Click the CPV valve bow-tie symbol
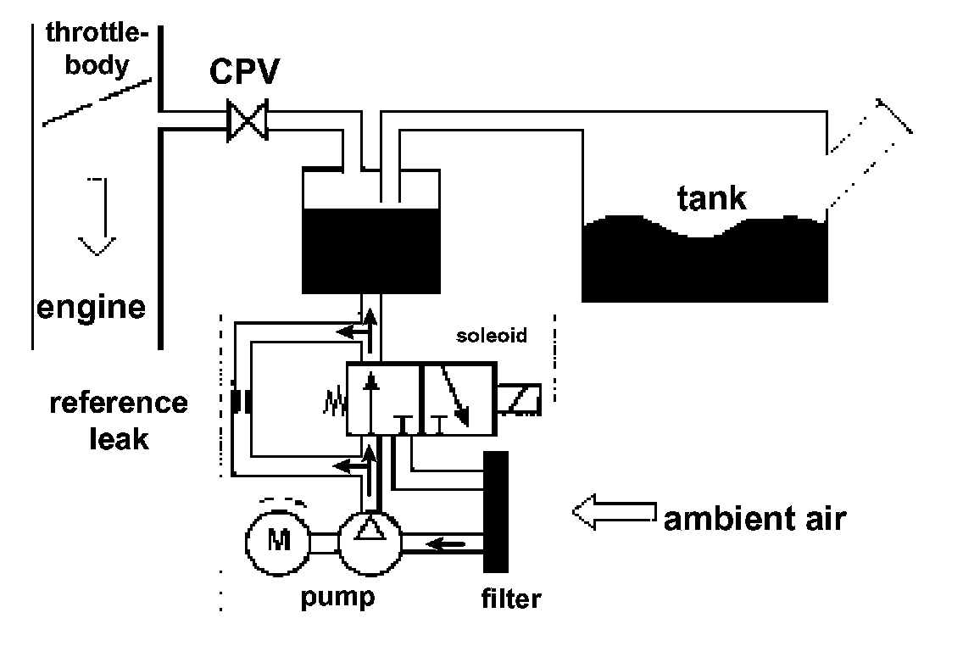point(248,120)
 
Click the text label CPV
point(244,71)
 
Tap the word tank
point(712,198)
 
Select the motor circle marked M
point(277,543)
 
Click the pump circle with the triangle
point(370,543)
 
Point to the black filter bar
point(496,511)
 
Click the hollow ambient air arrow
point(614,511)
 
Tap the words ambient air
point(754,519)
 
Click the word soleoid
point(492,335)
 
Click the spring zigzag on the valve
point(336,404)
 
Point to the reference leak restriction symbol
point(240,402)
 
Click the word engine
point(91,307)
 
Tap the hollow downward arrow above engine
point(97,216)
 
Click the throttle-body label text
point(97,49)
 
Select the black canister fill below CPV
point(371,251)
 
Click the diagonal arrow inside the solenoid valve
point(454,395)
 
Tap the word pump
point(337,598)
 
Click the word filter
point(511,599)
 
